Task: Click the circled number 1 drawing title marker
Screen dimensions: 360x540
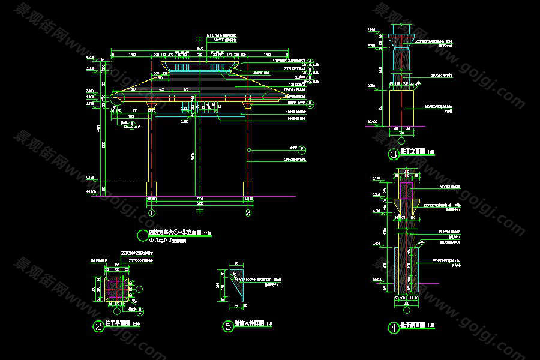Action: click(x=142, y=235)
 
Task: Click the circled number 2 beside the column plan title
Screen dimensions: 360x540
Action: click(x=98, y=326)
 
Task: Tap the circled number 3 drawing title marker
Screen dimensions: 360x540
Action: click(x=394, y=155)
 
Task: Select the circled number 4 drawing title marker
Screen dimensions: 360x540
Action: click(x=394, y=328)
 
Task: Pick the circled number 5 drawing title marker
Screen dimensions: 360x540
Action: click(x=228, y=326)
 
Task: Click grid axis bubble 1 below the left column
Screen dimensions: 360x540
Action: click(x=152, y=212)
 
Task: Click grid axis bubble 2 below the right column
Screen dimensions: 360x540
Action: click(x=247, y=212)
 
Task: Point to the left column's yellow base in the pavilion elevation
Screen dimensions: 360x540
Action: click(x=151, y=188)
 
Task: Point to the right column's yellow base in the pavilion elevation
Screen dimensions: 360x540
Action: click(x=248, y=188)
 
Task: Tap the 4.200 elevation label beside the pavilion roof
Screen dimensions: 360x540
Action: click(x=91, y=57)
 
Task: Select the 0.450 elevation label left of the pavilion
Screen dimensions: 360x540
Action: click(x=91, y=177)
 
